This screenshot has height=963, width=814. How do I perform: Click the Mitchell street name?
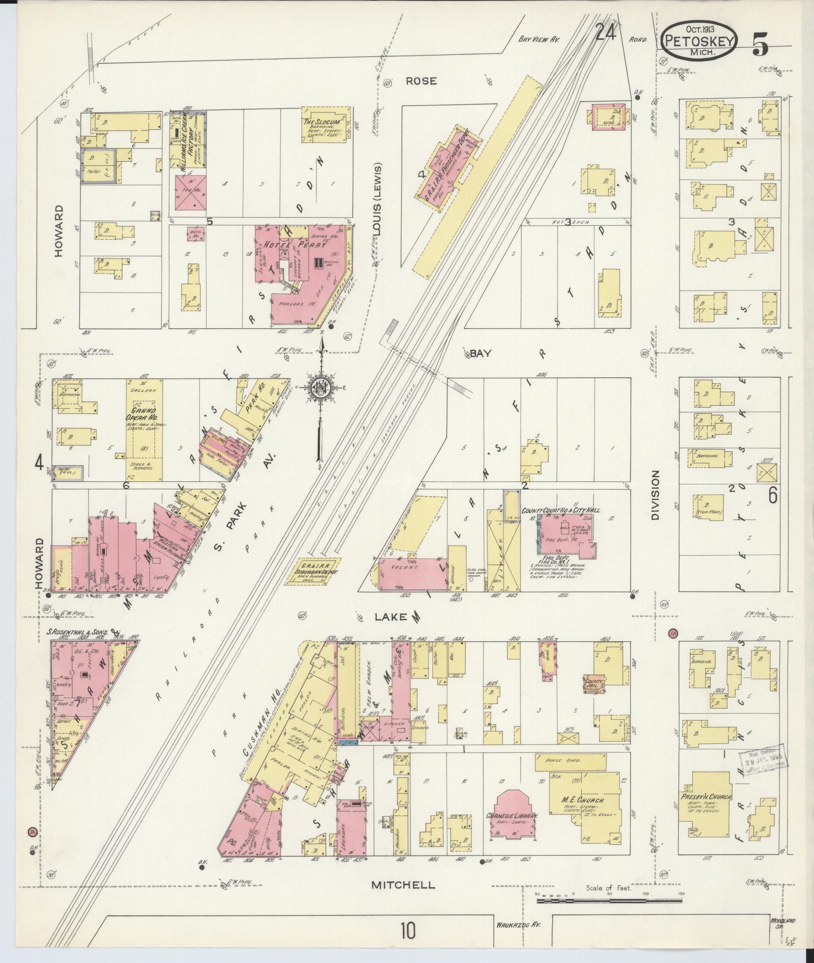tap(403, 885)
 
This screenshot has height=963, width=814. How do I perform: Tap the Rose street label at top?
tap(421, 80)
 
